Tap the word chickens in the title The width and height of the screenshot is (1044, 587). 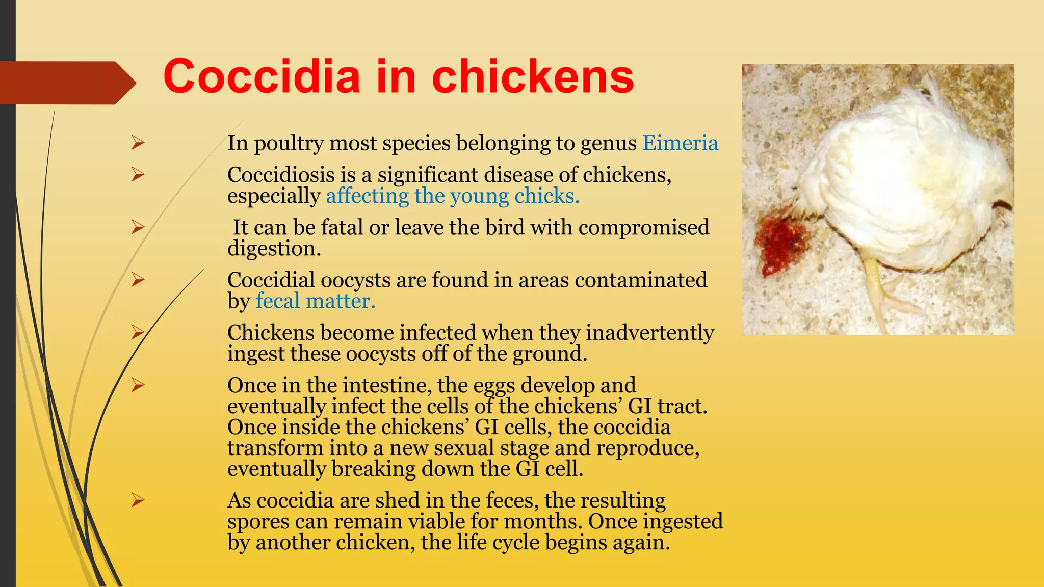click(x=533, y=76)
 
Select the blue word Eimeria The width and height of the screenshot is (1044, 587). click(x=680, y=143)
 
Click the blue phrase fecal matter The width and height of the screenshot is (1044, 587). click(x=315, y=301)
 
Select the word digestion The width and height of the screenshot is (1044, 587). click(x=274, y=249)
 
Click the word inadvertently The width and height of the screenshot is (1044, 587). click(x=650, y=333)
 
